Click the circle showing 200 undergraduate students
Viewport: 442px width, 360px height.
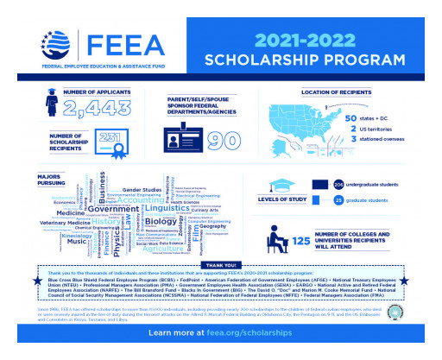tap(338, 184)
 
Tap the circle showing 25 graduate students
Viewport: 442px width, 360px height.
tap(338, 200)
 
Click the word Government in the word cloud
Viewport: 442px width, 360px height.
tap(113, 209)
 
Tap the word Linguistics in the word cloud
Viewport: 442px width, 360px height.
tap(167, 209)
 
